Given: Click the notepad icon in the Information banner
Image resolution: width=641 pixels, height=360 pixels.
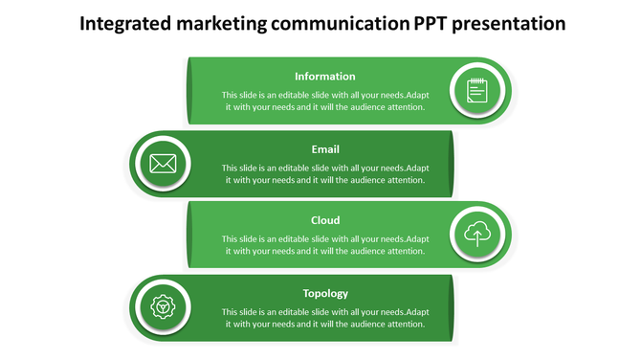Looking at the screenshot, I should pyautogui.click(x=477, y=91).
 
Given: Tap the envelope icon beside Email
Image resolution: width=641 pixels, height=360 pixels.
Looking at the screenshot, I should pyautogui.click(x=163, y=163).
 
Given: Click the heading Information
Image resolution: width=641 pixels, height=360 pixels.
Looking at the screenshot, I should pyautogui.click(x=325, y=77).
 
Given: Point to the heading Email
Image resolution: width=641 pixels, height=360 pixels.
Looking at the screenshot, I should pyautogui.click(x=325, y=149).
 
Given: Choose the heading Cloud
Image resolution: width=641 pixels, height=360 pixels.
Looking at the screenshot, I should pyautogui.click(x=325, y=220).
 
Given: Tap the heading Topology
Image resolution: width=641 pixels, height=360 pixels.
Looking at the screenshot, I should pyautogui.click(x=325, y=293).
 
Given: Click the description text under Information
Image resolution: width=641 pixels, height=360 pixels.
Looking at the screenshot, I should pyautogui.click(x=325, y=101).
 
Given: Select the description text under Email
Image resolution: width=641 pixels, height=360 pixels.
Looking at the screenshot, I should pyautogui.click(x=325, y=174).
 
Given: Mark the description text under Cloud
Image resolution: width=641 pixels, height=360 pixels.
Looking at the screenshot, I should pyautogui.click(x=325, y=245).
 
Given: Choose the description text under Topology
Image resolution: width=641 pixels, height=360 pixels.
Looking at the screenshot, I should pyautogui.click(x=325, y=318).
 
